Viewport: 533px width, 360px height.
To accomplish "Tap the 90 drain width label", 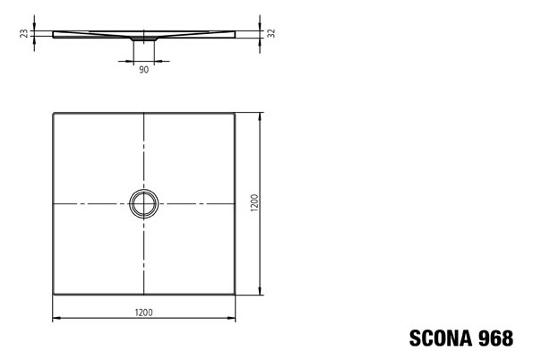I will click(143, 69).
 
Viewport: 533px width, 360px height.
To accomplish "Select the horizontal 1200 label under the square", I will click(143, 312).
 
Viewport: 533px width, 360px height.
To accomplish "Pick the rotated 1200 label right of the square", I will click(254, 204).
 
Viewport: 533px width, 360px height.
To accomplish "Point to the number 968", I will click(495, 338).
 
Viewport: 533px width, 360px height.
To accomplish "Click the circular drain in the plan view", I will click(143, 204).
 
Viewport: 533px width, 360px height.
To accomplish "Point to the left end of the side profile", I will click(54, 33).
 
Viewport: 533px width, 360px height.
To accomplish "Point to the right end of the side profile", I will click(234, 33).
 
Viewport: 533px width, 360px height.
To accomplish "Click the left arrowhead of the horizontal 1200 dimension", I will click(55, 319).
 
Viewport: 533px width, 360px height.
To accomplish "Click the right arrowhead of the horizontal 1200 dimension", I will click(233, 319).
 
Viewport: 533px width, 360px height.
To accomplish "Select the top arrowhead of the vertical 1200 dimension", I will click(261, 116).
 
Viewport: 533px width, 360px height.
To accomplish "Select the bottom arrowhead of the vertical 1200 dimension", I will click(261, 293).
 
